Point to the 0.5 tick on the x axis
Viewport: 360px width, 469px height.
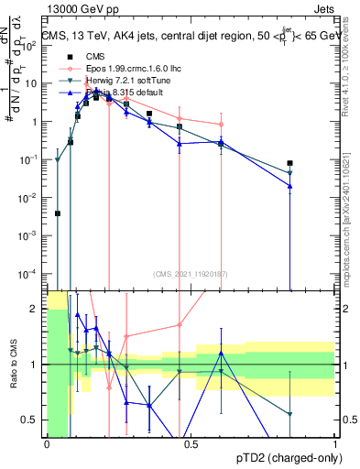191,444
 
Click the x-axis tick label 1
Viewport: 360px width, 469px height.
336,444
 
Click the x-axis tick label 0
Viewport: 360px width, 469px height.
47,444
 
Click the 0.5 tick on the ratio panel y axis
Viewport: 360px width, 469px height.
32,420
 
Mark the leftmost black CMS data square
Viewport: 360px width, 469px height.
58,213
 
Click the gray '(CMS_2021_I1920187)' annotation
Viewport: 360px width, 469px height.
191,273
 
